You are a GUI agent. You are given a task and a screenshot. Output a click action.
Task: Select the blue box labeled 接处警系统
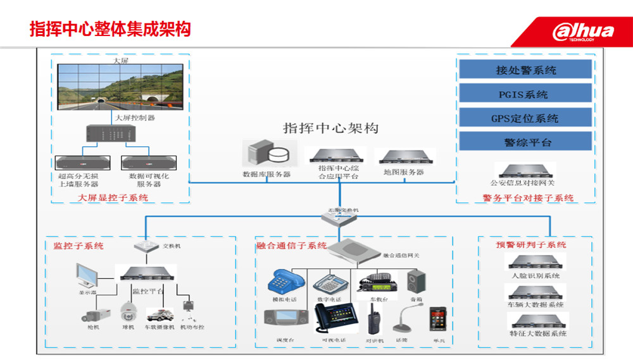coord(525,70)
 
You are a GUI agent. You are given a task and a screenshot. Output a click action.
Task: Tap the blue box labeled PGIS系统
coord(525,94)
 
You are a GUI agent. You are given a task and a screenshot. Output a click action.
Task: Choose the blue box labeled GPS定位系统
coord(525,118)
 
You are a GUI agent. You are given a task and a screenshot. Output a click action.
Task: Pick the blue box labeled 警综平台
coord(525,142)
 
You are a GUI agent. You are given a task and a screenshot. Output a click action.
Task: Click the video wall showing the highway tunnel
coord(120,87)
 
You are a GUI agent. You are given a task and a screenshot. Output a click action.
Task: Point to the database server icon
coord(268,154)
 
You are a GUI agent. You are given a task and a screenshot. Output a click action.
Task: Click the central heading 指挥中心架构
coord(330,128)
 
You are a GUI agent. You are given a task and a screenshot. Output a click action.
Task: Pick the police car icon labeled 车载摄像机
coord(160,314)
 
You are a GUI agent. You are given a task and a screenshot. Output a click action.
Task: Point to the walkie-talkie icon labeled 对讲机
coord(374,319)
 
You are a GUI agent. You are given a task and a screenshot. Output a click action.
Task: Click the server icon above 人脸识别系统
coord(535,262)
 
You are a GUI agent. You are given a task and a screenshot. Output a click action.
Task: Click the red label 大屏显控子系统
coord(113,198)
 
